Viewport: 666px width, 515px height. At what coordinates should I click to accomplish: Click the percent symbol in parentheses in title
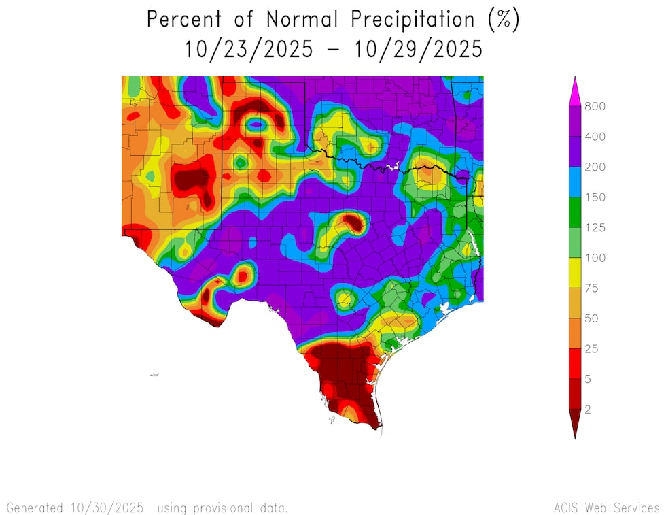(x=504, y=20)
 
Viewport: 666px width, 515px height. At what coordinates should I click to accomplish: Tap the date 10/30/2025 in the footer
(x=106, y=508)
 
